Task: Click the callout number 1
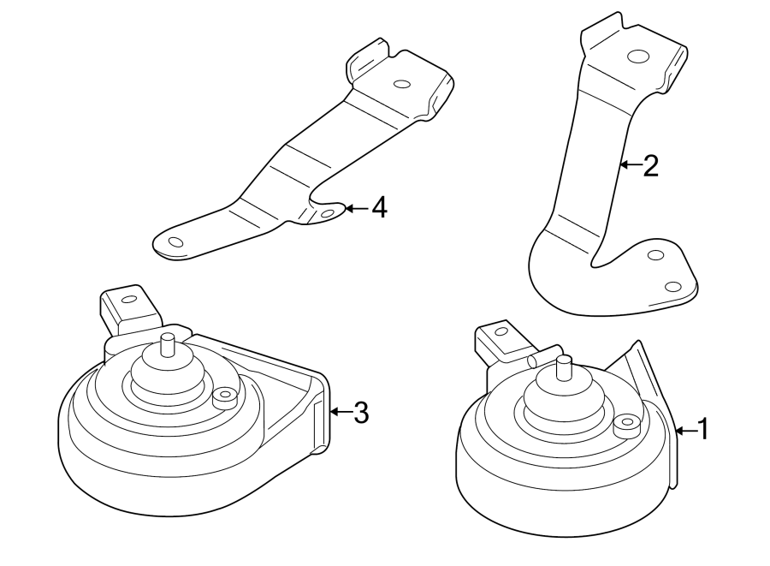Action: (702, 429)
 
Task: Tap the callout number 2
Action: (650, 165)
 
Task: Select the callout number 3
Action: (360, 413)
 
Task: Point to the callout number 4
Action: (378, 207)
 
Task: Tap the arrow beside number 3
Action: (340, 413)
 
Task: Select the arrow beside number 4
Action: (357, 207)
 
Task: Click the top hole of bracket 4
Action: (400, 84)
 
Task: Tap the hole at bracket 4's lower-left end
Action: (175, 242)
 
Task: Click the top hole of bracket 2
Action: (636, 57)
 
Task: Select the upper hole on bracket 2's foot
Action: (656, 255)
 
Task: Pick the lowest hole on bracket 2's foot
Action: (673, 286)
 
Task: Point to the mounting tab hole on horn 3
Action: (128, 300)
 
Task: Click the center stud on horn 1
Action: (565, 367)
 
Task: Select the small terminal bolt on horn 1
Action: (625, 421)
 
